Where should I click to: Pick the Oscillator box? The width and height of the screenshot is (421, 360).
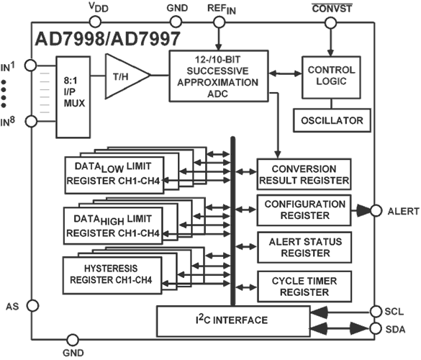332,120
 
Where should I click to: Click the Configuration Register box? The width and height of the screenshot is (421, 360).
304,210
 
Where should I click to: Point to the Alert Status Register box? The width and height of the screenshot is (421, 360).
304,247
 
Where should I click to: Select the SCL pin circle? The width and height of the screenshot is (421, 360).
375,311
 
